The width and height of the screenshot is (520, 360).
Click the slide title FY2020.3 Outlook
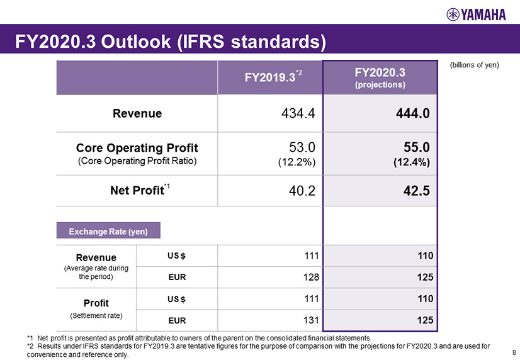click(171, 42)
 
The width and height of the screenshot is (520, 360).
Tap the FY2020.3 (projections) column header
click(379, 77)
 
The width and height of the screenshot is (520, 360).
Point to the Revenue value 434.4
click(295, 114)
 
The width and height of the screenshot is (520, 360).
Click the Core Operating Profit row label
click(137, 148)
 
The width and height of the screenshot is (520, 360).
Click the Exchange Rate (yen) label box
click(108, 232)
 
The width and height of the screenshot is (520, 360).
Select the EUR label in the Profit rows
click(176, 320)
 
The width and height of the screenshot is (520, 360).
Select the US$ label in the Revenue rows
click(176, 256)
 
